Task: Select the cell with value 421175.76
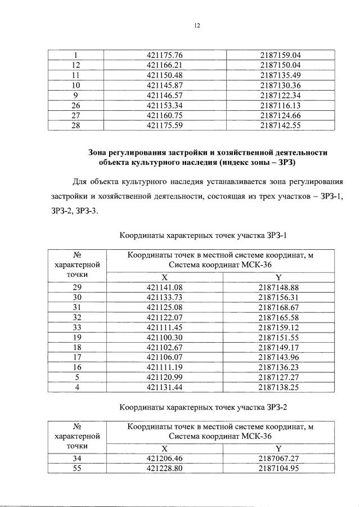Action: [165, 55]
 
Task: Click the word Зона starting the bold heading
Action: [99, 152]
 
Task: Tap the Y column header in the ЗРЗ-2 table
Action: [278, 448]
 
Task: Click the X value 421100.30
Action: [165, 338]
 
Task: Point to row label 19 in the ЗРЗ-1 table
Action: [77, 338]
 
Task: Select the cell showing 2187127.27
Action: [278, 378]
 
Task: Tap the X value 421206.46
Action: [165, 459]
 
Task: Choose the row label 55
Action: [77, 469]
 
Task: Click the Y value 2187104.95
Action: [278, 469]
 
